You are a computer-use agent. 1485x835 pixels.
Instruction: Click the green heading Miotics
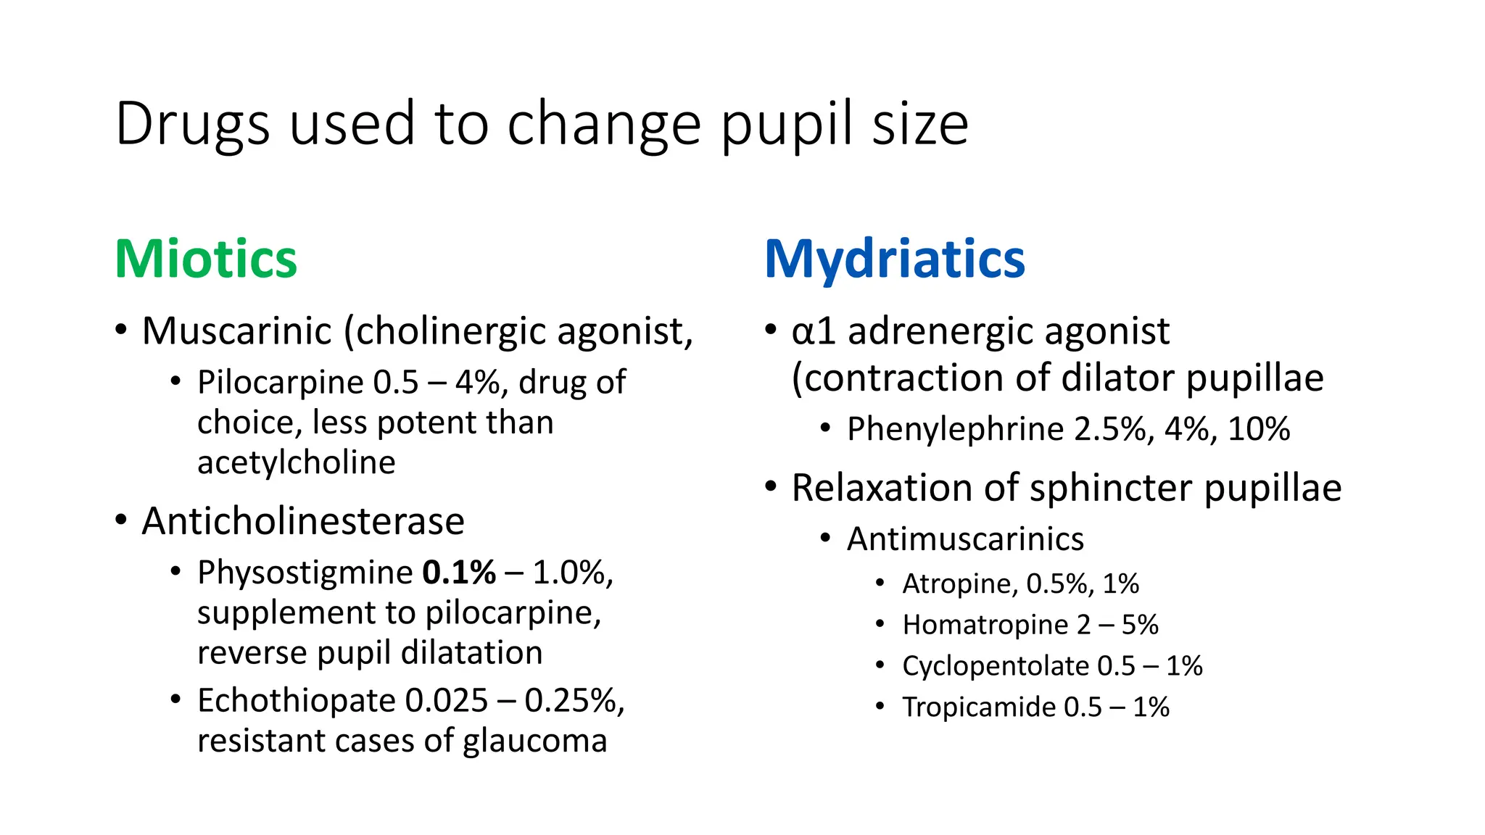point(206,259)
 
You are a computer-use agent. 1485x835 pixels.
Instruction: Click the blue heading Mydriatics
point(894,259)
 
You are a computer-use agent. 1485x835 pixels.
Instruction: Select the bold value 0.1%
point(459,573)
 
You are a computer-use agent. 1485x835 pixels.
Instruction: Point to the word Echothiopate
point(296,701)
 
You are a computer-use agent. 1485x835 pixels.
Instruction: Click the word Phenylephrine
point(955,429)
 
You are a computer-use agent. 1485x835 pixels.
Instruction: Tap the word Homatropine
point(984,625)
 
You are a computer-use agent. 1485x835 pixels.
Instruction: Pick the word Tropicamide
point(978,707)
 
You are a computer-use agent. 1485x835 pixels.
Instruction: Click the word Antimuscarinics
point(965,539)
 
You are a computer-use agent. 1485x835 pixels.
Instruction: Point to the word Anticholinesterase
point(303,521)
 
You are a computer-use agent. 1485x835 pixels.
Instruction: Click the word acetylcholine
point(296,462)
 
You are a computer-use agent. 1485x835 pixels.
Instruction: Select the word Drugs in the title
point(192,124)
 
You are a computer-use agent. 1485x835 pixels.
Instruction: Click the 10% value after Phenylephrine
point(1259,429)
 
